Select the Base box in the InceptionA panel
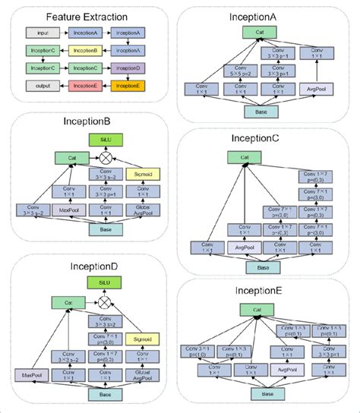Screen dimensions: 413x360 click(x=264, y=112)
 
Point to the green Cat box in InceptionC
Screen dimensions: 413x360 click(x=245, y=159)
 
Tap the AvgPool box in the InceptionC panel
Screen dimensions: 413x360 click(x=245, y=247)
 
